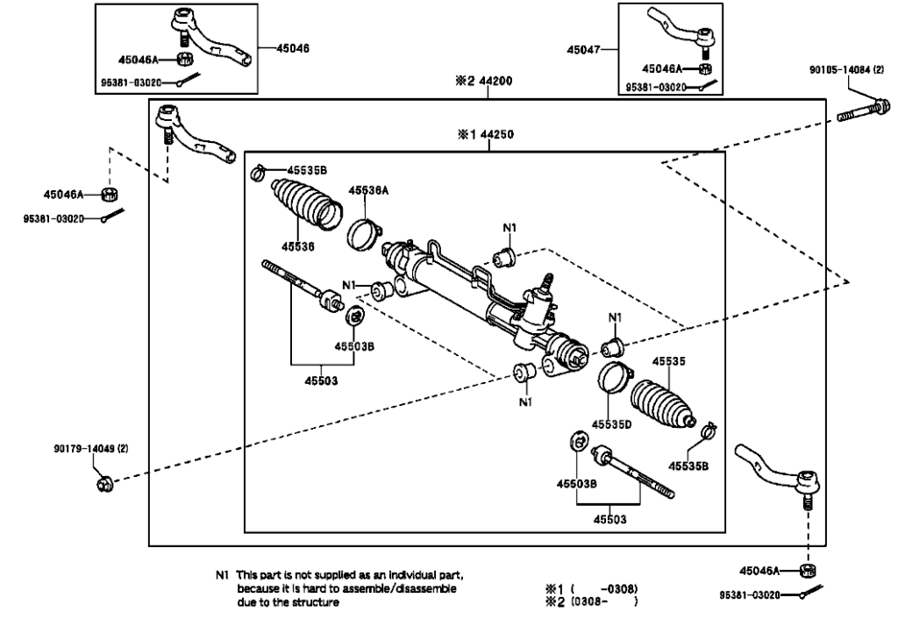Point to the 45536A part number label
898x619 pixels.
coord(367,189)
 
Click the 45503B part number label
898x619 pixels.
coord(355,345)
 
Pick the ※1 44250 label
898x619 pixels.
coord(485,135)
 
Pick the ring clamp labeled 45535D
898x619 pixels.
coord(613,376)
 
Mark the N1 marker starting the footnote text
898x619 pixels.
coord(221,576)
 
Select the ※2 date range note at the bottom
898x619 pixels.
coord(591,601)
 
